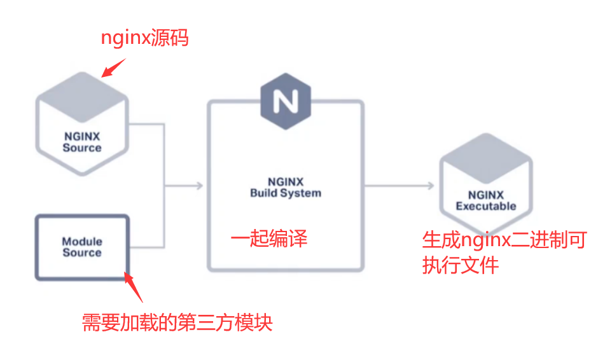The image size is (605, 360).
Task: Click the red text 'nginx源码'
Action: [145, 38]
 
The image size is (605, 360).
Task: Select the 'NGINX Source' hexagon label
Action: [82, 141]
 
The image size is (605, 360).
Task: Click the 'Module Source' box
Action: [82, 247]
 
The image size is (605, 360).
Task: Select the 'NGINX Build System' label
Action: [286, 187]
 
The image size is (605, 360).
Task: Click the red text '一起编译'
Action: [269, 239]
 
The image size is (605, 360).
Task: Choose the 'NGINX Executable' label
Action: [486, 200]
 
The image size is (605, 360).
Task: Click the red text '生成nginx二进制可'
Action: [504, 240]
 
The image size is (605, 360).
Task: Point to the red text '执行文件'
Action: [461, 265]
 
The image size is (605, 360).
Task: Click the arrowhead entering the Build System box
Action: [199, 186]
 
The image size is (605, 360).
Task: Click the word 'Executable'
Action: [486, 206]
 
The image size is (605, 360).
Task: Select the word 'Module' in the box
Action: [82, 242]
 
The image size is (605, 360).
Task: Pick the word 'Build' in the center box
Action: [263, 193]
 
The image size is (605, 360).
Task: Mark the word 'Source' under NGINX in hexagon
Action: [82, 148]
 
